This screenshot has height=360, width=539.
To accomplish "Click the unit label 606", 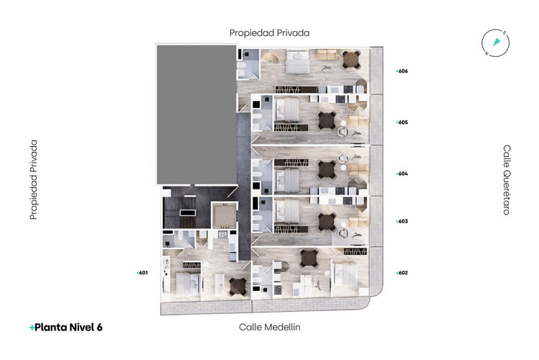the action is coord(402,71).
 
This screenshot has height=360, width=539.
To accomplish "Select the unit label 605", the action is coord(402,122).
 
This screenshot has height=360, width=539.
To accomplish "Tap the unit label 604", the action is coord(402,174).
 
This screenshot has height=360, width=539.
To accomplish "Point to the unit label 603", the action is coord(402,222).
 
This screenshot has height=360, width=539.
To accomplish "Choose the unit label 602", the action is coord(402,273).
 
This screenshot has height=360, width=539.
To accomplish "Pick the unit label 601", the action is coord(142,273).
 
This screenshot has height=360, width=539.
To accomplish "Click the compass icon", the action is coord(495,43).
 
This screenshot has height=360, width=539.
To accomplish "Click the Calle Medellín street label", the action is coord(269,327).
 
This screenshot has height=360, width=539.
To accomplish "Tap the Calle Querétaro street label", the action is coord(507,180).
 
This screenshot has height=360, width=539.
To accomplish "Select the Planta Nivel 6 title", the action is coord(66,328).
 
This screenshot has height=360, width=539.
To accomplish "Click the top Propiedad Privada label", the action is coord(269,33).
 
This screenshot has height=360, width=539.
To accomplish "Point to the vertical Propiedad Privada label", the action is coord(33,179).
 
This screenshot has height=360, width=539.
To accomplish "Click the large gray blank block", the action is coord(196,114).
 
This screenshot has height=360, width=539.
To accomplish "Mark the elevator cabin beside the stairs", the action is coord(224,215).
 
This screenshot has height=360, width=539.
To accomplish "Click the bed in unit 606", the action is coord(298,62).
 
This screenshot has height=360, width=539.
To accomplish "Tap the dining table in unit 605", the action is coord(327,120).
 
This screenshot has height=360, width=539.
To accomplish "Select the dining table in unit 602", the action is coord(309,258).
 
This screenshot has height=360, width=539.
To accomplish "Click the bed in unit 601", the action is coord(188,285).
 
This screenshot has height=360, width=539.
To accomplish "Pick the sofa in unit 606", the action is coord(327,55).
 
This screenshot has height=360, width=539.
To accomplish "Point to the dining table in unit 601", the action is coord(238,287).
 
